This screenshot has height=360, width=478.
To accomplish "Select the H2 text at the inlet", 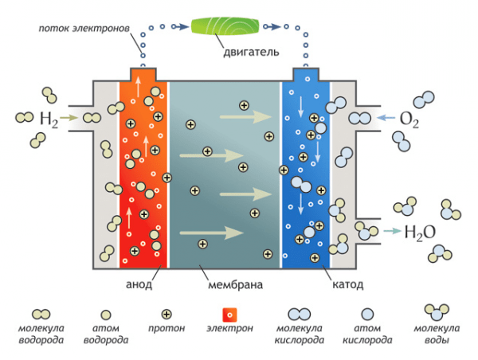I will tap(49, 119).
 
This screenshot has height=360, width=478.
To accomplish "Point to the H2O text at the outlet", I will tap(420, 233).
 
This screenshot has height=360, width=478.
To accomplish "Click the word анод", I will tap(139, 284).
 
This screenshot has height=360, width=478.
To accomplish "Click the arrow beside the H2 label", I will tap(69, 119).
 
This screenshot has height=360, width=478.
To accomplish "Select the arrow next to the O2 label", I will tap(386, 119).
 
